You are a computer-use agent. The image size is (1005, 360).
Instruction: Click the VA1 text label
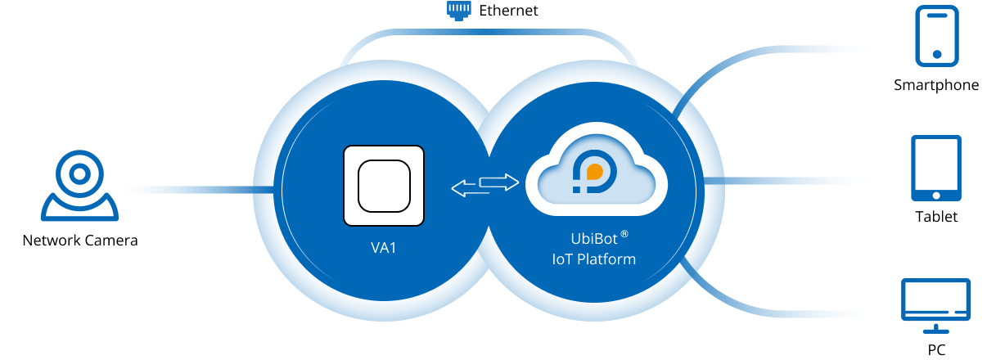(x=383, y=247)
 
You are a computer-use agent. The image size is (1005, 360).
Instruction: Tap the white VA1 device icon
(x=383, y=186)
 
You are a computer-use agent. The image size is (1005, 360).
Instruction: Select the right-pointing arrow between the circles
(x=499, y=182)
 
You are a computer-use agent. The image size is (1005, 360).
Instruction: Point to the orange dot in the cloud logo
(x=595, y=173)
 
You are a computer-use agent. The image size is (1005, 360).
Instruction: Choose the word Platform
(x=607, y=259)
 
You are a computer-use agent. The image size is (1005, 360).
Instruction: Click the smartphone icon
(x=937, y=34)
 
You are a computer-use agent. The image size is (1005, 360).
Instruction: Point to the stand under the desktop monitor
(x=935, y=329)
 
